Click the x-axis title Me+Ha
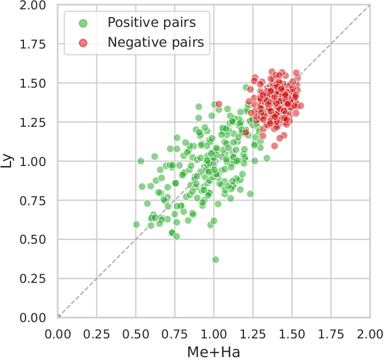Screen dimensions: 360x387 pyautogui.click(x=214, y=352)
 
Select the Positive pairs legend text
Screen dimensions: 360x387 pyautogui.click(x=151, y=23)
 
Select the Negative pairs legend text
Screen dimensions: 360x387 pyautogui.click(x=155, y=42)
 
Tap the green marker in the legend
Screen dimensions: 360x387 pyautogui.click(x=83, y=23)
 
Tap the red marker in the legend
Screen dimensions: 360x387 pyautogui.click(x=83, y=42)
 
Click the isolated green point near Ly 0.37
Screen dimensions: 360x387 pyautogui.click(x=215, y=259)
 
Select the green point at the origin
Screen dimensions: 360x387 pyautogui.click(x=58, y=317)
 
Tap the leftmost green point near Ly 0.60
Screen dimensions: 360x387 pyautogui.click(x=137, y=224)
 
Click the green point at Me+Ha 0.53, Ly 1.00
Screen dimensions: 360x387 pyautogui.click(x=141, y=161)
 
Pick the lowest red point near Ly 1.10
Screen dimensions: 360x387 pyautogui.click(x=274, y=146)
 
